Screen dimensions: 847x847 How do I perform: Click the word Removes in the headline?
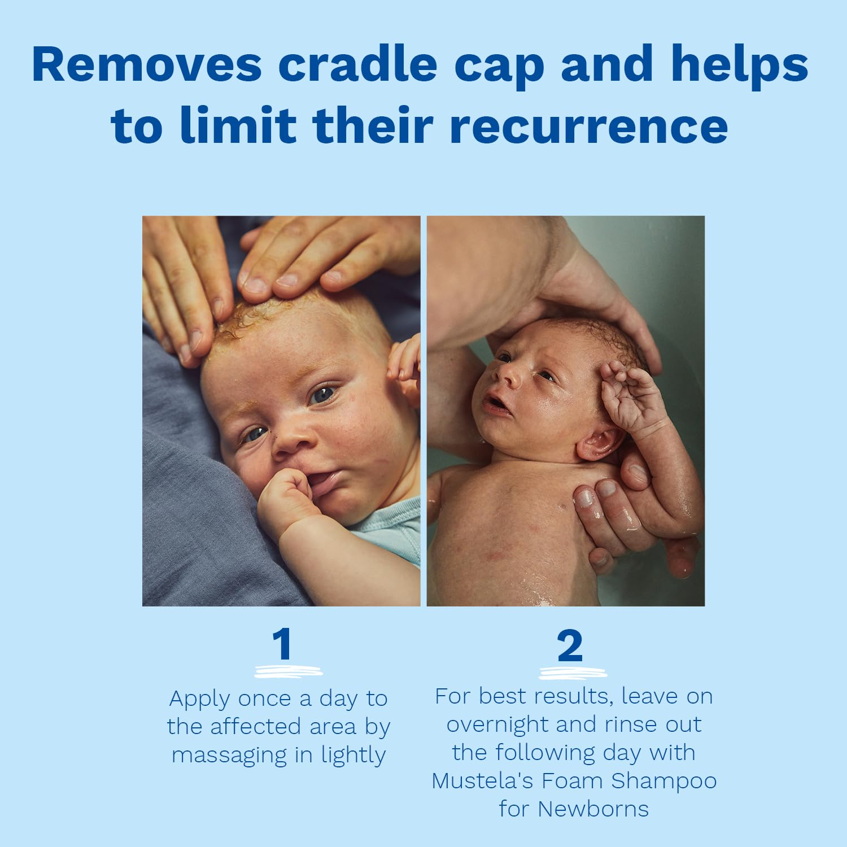(x=147, y=64)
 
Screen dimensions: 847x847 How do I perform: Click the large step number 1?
(x=282, y=644)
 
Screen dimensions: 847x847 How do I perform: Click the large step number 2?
(x=570, y=645)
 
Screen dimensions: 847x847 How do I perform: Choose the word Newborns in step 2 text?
(x=593, y=809)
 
